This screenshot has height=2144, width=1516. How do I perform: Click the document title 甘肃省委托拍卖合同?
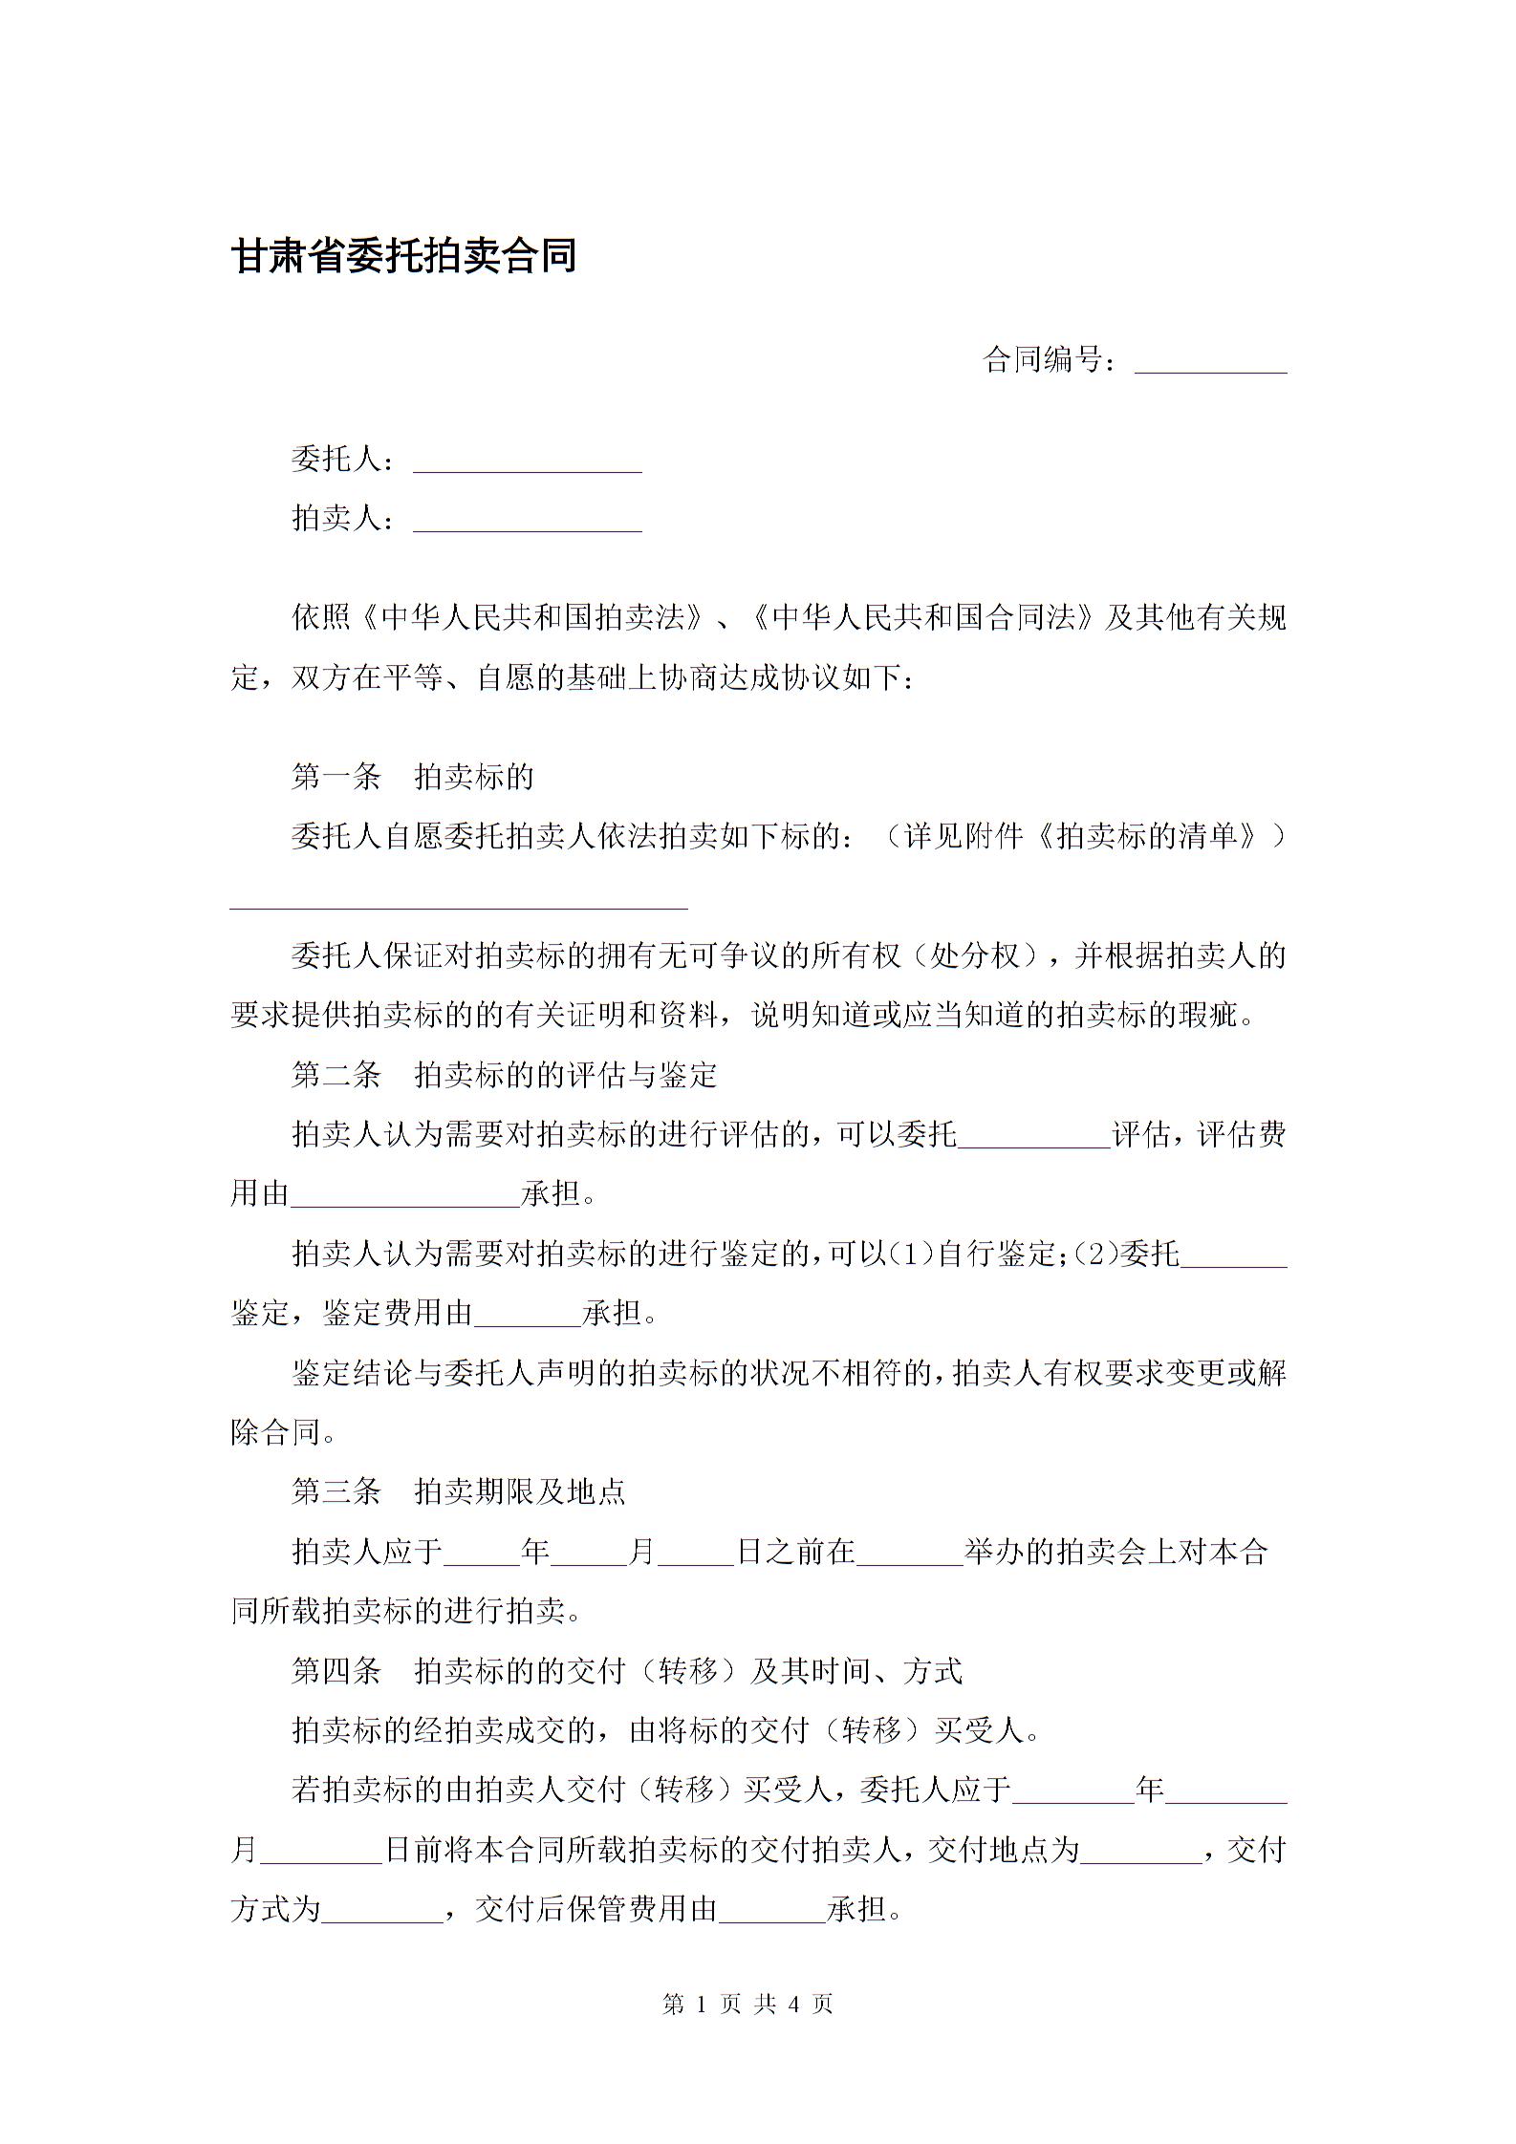(403, 256)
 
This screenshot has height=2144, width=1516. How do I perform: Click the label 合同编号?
(1044, 360)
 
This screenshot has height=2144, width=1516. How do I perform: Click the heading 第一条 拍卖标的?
(412, 777)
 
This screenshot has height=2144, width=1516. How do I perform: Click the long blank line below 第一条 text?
(459, 903)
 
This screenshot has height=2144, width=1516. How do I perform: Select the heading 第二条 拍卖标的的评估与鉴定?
(504, 1075)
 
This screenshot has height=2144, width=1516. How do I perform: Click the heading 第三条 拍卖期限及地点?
(458, 1491)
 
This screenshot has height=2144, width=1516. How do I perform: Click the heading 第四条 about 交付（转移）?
(626, 1671)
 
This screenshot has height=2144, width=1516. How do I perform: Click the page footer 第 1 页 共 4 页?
(747, 2004)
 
